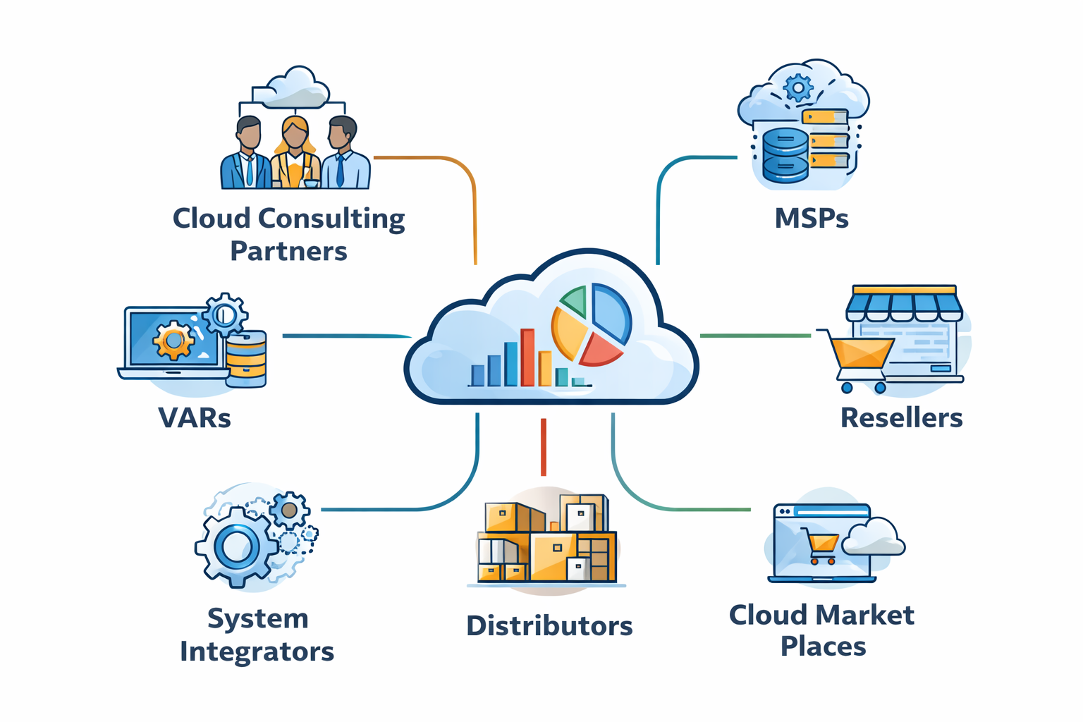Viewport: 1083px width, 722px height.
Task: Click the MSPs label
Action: click(x=811, y=219)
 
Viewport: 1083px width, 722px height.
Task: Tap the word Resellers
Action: click(x=901, y=418)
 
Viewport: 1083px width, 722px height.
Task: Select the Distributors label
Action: click(x=549, y=626)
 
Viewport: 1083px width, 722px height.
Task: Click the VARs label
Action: click(x=195, y=418)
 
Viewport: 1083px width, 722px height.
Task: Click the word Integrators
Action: click(x=257, y=651)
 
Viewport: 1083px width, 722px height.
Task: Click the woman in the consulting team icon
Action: click(x=295, y=152)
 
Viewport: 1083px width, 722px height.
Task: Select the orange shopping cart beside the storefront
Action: click(x=861, y=355)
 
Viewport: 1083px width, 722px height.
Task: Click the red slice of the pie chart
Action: click(x=599, y=349)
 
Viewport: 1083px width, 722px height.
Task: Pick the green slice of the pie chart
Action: click(x=575, y=301)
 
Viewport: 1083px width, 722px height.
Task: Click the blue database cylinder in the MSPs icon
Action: click(x=785, y=155)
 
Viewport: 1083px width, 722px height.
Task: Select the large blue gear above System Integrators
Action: click(x=236, y=546)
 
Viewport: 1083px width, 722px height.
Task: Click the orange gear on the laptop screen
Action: click(x=173, y=341)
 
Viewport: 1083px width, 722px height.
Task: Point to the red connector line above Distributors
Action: click(x=543, y=446)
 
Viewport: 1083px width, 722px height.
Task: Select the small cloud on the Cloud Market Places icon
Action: click(x=874, y=538)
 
